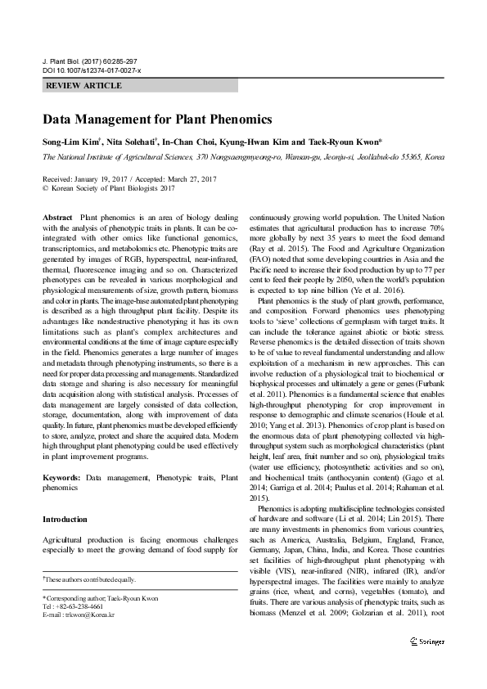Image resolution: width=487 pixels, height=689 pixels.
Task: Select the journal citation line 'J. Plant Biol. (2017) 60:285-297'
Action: coord(90,62)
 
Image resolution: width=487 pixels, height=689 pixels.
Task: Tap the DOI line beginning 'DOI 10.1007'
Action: coord(91,71)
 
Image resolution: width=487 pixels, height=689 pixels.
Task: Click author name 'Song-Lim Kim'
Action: coord(68,141)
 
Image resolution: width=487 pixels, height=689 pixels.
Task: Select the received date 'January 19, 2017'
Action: coord(106,178)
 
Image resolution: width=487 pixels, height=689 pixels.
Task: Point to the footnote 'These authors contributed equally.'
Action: coord(89,579)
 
